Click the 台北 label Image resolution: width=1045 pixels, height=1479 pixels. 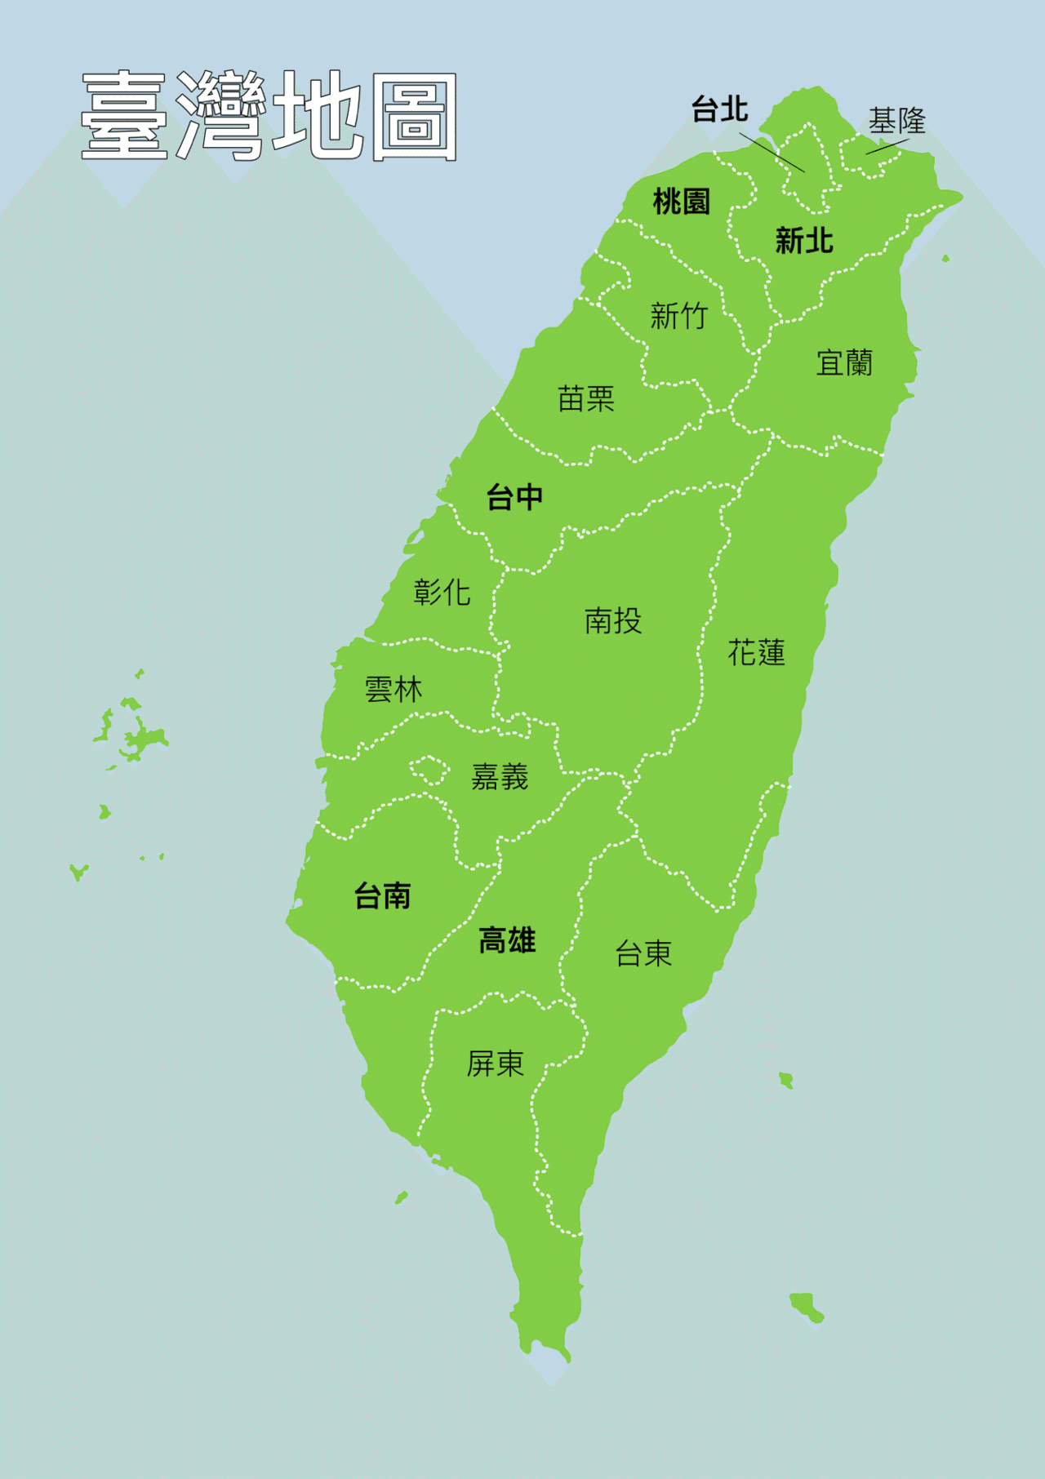point(719,109)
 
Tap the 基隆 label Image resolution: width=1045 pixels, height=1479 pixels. point(896,121)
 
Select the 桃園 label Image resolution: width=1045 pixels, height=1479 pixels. point(682,201)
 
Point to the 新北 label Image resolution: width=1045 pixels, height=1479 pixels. point(804,241)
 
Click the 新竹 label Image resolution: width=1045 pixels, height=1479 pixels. point(678,315)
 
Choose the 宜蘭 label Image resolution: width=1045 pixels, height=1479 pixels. point(844,362)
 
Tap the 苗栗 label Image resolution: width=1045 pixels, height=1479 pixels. point(585,398)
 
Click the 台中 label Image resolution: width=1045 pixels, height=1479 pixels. point(514,496)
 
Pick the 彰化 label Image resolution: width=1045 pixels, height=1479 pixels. point(442,592)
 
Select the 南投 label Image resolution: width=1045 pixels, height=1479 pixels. point(613,621)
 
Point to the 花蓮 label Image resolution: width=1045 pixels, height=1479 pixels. point(756,652)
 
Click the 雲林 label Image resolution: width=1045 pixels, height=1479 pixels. point(394,690)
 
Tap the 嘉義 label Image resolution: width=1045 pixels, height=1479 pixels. point(500,776)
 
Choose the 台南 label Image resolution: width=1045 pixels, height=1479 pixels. point(382,896)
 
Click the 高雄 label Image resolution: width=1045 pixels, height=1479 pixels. point(507,940)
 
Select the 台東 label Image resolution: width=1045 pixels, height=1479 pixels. point(643,953)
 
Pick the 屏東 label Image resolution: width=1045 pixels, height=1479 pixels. point(495,1063)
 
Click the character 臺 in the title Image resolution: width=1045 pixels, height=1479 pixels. point(124,115)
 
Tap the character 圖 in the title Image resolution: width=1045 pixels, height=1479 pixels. point(413,117)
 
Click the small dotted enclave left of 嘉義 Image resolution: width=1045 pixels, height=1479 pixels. point(428,769)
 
